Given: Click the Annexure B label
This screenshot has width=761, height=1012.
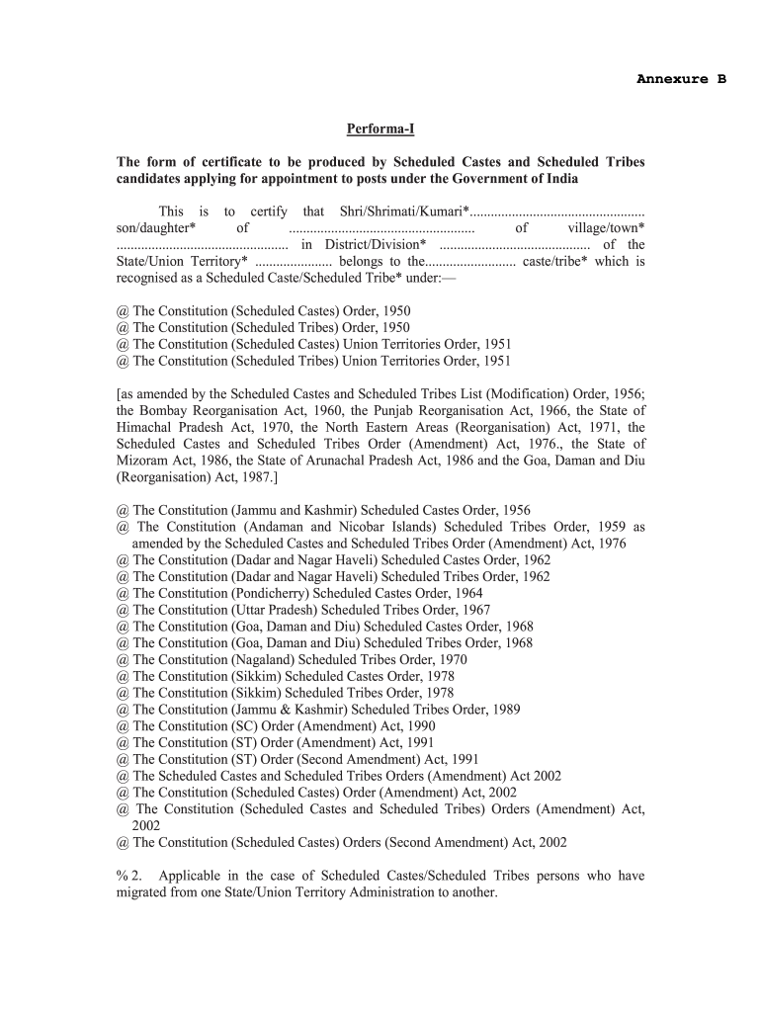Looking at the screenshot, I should [681, 79].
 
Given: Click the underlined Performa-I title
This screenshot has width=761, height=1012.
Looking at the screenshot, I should [380, 129].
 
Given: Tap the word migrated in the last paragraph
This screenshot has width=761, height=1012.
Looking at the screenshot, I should [144, 893].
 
